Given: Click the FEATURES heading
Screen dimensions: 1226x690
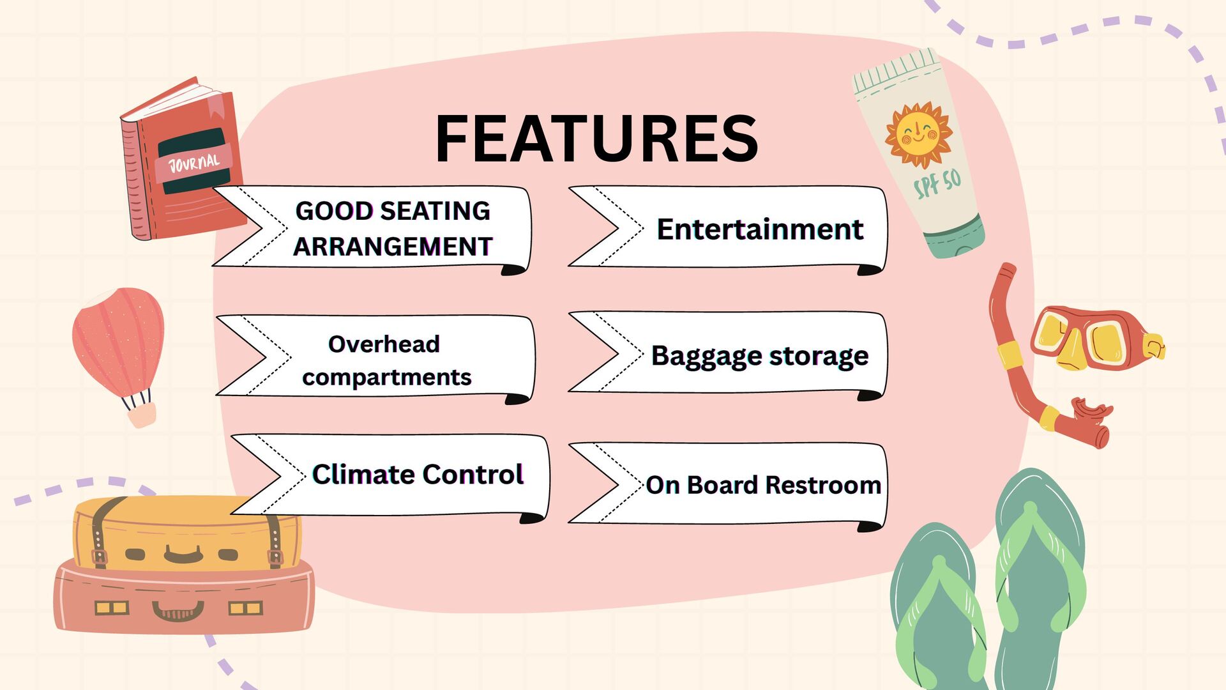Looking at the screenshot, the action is (x=596, y=139).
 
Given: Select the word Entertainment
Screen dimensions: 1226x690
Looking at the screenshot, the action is (x=760, y=229).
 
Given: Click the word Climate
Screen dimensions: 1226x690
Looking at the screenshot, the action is (x=363, y=475).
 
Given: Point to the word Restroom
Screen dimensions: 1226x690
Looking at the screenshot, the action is (x=823, y=486).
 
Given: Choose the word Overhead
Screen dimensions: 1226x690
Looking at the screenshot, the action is (x=384, y=344).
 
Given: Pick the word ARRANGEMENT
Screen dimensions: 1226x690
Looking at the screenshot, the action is (x=393, y=247).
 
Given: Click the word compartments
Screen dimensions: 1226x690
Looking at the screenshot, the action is (x=386, y=378).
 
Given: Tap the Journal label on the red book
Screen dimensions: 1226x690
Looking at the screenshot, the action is (x=193, y=164).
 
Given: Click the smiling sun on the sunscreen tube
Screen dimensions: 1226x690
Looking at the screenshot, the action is (x=918, y=135).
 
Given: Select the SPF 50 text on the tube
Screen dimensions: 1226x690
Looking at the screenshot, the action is (x=937, y=184).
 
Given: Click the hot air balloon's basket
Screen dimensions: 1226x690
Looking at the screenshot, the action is (x=141, y=415).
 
